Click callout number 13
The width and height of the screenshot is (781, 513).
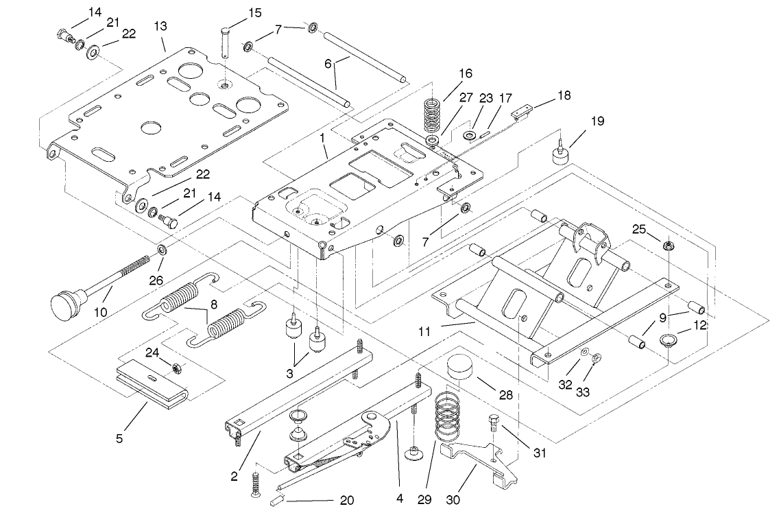(160, 25)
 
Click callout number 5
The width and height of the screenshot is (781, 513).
(119, 438)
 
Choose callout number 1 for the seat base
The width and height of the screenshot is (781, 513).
(322, 137)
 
